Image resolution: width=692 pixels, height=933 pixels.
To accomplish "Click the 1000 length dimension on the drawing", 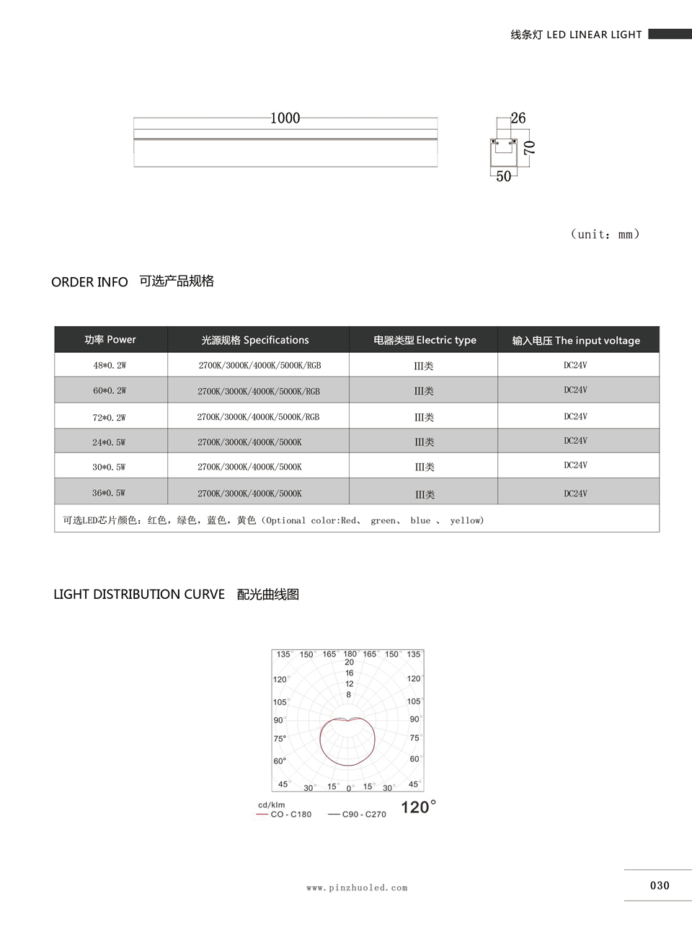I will pos(285,118).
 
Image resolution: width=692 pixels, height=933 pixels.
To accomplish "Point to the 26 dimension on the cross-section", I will pos(518,118).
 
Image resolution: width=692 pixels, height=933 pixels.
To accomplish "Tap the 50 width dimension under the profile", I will pos(503,176).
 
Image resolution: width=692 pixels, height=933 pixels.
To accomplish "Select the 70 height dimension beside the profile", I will pos(530,147).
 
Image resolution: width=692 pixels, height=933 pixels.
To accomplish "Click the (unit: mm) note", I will pos(605,234).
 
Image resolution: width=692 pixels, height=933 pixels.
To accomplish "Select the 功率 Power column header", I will pos(110,340).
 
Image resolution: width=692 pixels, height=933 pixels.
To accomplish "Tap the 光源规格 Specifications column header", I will pos(255,340).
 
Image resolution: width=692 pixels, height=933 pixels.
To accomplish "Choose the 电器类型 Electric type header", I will pos(425,340).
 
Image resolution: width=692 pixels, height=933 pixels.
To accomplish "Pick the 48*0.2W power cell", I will pos(110,365).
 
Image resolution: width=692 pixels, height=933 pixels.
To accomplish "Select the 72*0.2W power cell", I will pos(110,417).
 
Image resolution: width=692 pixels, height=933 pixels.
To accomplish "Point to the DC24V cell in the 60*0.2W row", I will pos(575,390).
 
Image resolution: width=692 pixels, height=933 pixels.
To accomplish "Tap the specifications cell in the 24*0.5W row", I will pos(249,442).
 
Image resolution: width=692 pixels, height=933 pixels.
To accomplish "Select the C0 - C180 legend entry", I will pos(284,814).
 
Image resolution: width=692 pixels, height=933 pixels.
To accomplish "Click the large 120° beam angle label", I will pos(418,807).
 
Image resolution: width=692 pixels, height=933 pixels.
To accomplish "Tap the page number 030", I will pos(660,885).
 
